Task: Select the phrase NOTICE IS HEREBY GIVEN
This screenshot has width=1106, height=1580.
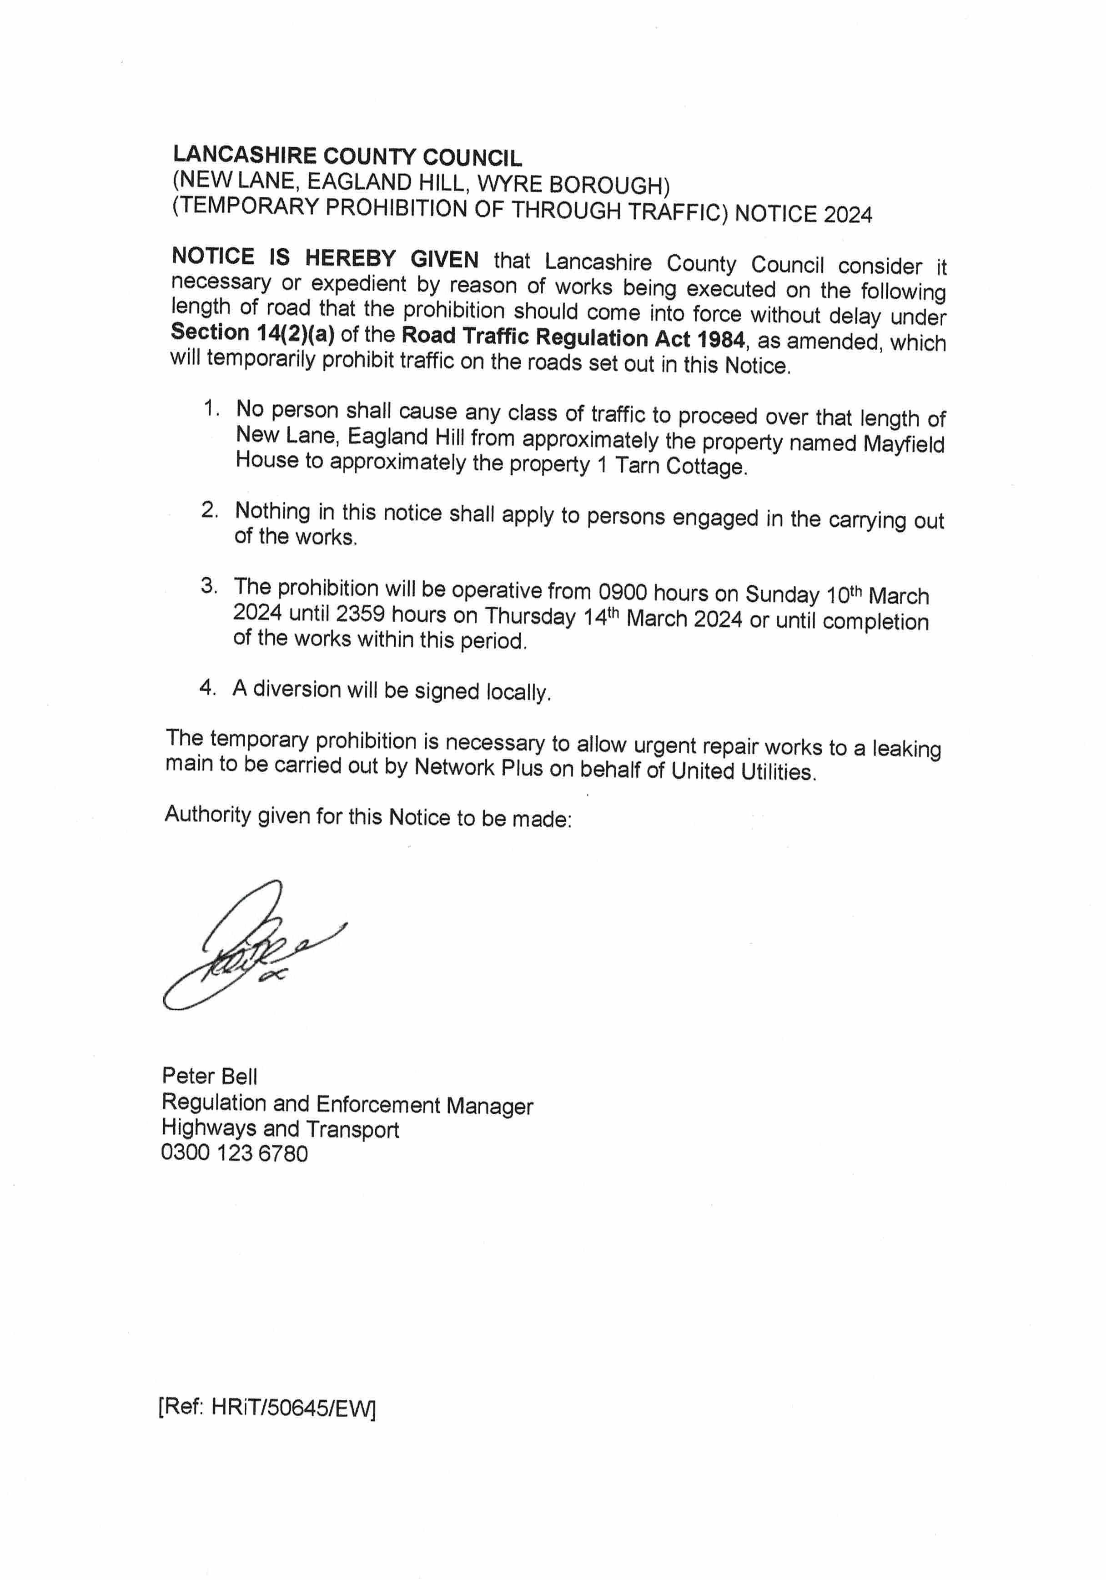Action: pyautogui.click(x=325, y=258)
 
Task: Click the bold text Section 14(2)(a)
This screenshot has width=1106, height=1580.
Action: pyautogui.click(x=252, y=332)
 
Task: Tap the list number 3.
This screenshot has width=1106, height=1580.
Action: pyautogui.click(x=209, y=586)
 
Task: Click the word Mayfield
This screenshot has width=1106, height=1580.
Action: pyautogui.click(x=903, y=444)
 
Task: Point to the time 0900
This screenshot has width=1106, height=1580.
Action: pyautogui.click(x=622, y=592)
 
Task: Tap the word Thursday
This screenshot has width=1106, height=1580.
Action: pyautogui.click(x=529, y=616)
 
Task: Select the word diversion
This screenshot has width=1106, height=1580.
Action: pyautogui.click(x=297, y=689)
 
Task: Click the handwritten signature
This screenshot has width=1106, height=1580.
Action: pyautogui.click(x=248, y=946)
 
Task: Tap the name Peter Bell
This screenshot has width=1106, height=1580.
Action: pyautogui.click(x=209, y=1076)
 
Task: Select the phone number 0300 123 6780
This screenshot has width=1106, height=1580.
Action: pyautogui.click(x=234, y=1152)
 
